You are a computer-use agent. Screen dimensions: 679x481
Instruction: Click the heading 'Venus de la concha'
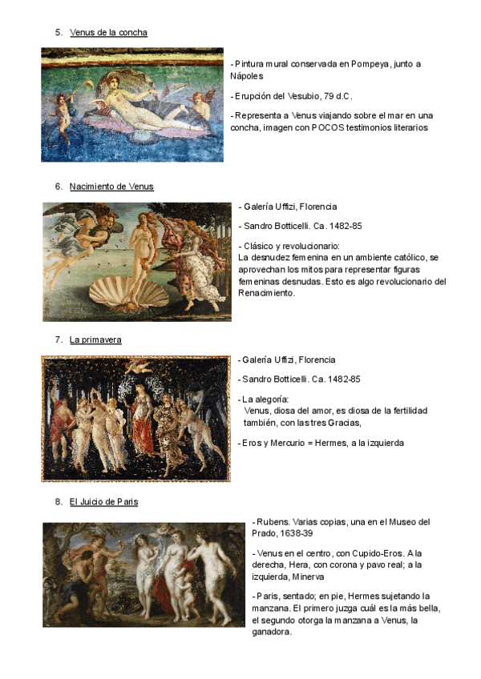(x=108, y=32)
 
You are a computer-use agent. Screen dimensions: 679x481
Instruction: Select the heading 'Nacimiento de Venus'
(x=111, y=187)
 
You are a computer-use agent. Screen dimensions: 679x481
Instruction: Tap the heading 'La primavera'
(x=95, y=340)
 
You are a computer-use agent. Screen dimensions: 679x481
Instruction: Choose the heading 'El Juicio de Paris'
(x=103, y=502)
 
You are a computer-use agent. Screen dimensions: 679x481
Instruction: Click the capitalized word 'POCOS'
(x=329, y=127)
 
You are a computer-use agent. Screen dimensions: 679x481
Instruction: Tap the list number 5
(x=59, y=32)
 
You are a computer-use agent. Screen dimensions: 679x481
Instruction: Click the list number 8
(x=59, y=502)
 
